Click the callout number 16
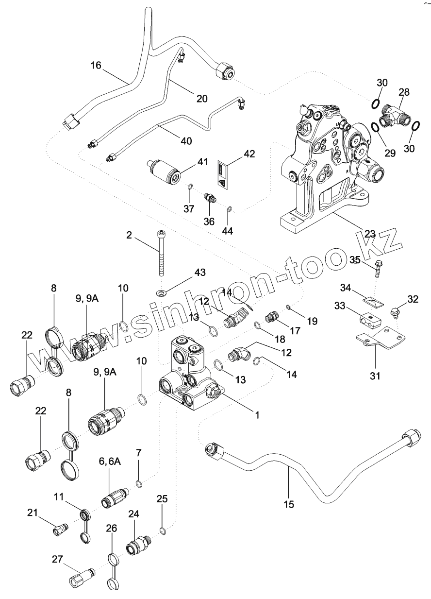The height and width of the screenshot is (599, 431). tap(96, 65)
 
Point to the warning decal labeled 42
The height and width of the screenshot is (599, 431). tap(223, 175)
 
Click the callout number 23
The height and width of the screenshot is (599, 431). tap(370, 234)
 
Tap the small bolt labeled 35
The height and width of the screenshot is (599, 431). tap(379, 268)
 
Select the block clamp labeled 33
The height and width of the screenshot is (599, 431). tap(371, 320)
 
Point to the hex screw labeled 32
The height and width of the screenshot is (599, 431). tap(395, 313)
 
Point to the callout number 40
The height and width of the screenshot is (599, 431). tap(186, 141)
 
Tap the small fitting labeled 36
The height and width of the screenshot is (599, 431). tap(210, 198)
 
